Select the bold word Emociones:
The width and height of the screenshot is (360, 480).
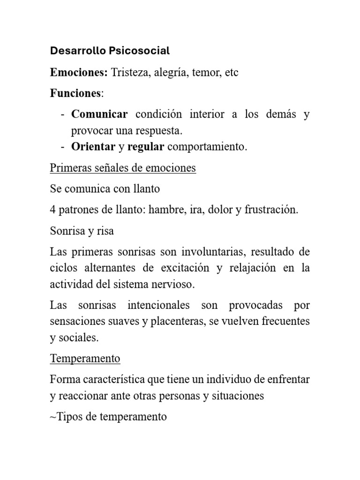click(x=79, y=73)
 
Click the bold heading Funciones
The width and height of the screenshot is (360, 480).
click(x=75, y=93)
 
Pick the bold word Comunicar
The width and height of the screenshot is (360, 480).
click(x=99, y=114)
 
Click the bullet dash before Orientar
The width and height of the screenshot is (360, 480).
click(x=62, y=146)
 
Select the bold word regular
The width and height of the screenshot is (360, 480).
click(x=146, y=147)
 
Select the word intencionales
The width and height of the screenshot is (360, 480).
click(x=158, y=305)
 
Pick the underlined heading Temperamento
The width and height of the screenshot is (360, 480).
click(x=85, y=359)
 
